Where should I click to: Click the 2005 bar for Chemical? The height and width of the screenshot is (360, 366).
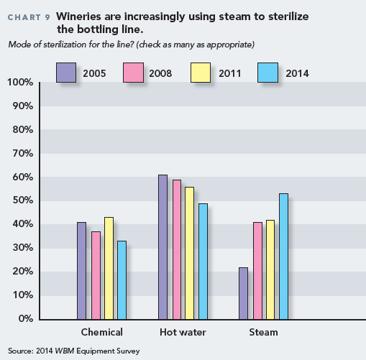tap(81, 271)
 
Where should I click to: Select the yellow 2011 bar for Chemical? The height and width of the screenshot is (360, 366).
tap(109, 268)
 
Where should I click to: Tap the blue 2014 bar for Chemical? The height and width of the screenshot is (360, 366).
tap(122, 280)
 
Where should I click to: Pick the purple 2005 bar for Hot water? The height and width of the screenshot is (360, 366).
tap(163, 247)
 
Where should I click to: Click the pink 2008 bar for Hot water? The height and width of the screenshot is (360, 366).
tap(177, 249)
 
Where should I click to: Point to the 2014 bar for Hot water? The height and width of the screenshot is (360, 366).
tap(203, 262)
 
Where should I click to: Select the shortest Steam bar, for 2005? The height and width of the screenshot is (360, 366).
tap(243, 293)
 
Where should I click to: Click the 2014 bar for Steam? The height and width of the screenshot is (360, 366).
tap(283, 257)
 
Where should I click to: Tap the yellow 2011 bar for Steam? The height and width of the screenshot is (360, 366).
tap(270, 269)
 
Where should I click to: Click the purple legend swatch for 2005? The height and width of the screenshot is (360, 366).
tap(66, 73)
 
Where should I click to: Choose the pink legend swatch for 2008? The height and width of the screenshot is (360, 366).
tap(133, 73)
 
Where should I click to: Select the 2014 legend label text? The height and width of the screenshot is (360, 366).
tap(297, 73)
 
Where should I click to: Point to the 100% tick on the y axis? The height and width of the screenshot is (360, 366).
tap(20, 82)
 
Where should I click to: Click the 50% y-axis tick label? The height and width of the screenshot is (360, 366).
tap(23, 200)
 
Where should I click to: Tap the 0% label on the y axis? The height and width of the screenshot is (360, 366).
tap(26, 318)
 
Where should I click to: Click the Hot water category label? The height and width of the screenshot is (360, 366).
tap(183, 332)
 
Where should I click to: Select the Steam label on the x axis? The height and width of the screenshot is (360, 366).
tap(263, 332)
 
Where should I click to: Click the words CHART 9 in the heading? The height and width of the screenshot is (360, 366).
tap(29, 17)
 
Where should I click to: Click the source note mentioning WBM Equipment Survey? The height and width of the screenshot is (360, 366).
tap(74, 351)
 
